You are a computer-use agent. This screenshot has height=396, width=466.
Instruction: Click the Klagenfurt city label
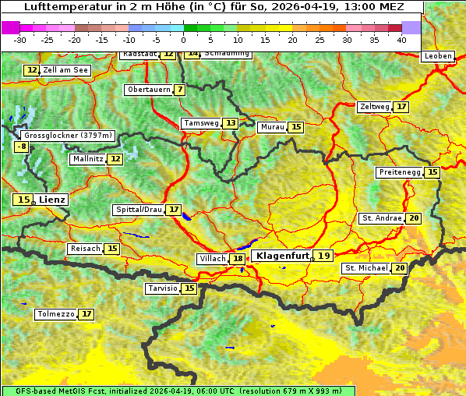tap(283, 255)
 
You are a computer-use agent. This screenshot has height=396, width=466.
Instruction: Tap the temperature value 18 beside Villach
tap(237, 259)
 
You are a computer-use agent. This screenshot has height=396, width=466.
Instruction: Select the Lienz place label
tap(53, 200)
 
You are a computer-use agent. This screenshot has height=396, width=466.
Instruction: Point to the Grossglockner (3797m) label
tap(69, 135)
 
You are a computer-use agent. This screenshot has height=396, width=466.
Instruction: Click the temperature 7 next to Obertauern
tap(180, 90)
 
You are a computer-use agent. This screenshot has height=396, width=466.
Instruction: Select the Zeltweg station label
tap(375, 107)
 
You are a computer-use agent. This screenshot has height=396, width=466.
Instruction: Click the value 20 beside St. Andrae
tap(413, 218)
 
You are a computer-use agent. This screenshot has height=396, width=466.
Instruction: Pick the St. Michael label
tap(366, 268)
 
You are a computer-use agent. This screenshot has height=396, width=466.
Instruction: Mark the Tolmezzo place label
tap(55, 314)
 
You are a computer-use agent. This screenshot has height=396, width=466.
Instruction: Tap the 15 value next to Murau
tap(295, 127)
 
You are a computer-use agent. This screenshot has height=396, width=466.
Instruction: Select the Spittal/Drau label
tap(139, 210)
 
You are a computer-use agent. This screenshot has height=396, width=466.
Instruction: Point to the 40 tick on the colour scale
tap(401, 38)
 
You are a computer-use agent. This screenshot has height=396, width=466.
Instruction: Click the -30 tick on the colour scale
tap(20, 38)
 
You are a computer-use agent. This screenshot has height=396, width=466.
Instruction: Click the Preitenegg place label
tap(400, 172)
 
